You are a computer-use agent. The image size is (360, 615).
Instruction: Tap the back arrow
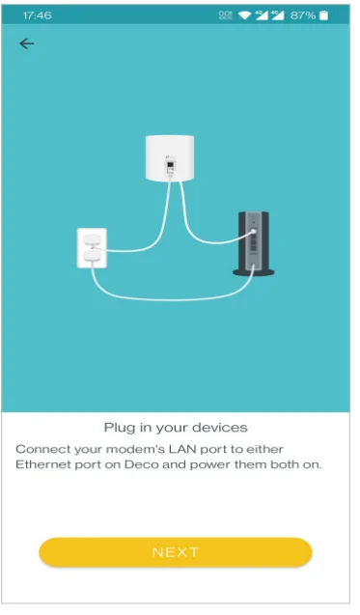pyautogui.click(x=26, y=43)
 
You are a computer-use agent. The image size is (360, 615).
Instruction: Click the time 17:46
pyautogui.click(x=37, y=15)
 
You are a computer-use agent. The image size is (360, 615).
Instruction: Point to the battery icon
pyautogui.click(x=324, y=15)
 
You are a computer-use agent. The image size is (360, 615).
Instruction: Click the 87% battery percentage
pyautogui.click(x=302, y=15)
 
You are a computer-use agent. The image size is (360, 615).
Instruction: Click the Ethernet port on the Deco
pyautogui.click(x=171, y=166)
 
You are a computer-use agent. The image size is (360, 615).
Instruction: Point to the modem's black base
pyautogui.click(x=254, y=272)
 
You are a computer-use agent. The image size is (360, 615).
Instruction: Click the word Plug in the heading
pyautogui.click(x=118, y=427)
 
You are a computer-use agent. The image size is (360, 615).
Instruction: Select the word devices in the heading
pyautogui.click(x=223, y=427)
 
